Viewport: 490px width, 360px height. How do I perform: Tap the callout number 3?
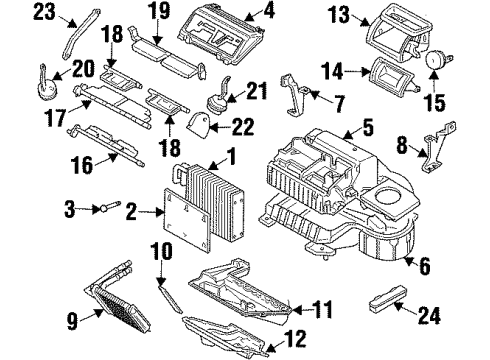pos(70,208)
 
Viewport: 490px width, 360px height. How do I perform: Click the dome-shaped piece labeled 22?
pos(199,125)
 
